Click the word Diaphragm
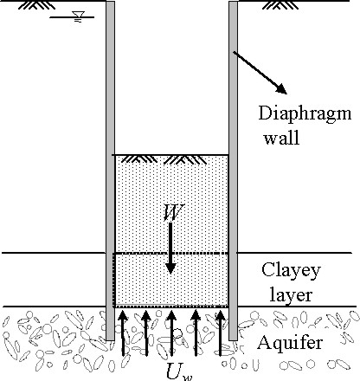pos(305,114)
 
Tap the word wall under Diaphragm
pos(281,138)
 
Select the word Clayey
pos(291,271)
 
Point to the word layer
pos(291,296)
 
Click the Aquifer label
pos(290,343)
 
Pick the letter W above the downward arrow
pos(173,212)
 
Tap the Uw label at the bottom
pos(179,372)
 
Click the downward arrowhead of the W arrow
pos(170,268)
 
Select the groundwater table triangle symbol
pos(79,15)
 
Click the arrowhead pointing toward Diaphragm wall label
pos(281,89)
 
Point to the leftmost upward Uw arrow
pos(123,333)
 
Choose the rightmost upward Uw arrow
pos(221,333)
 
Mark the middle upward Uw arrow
pos(171,333)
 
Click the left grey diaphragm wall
pos(110,171)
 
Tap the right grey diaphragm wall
pos(234,171)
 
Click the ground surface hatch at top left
pos(36,4)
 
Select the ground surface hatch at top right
pos(280,4)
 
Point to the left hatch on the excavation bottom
pos(139,159)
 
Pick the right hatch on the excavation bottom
pos(187,159)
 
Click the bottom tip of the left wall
pos(110,340)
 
